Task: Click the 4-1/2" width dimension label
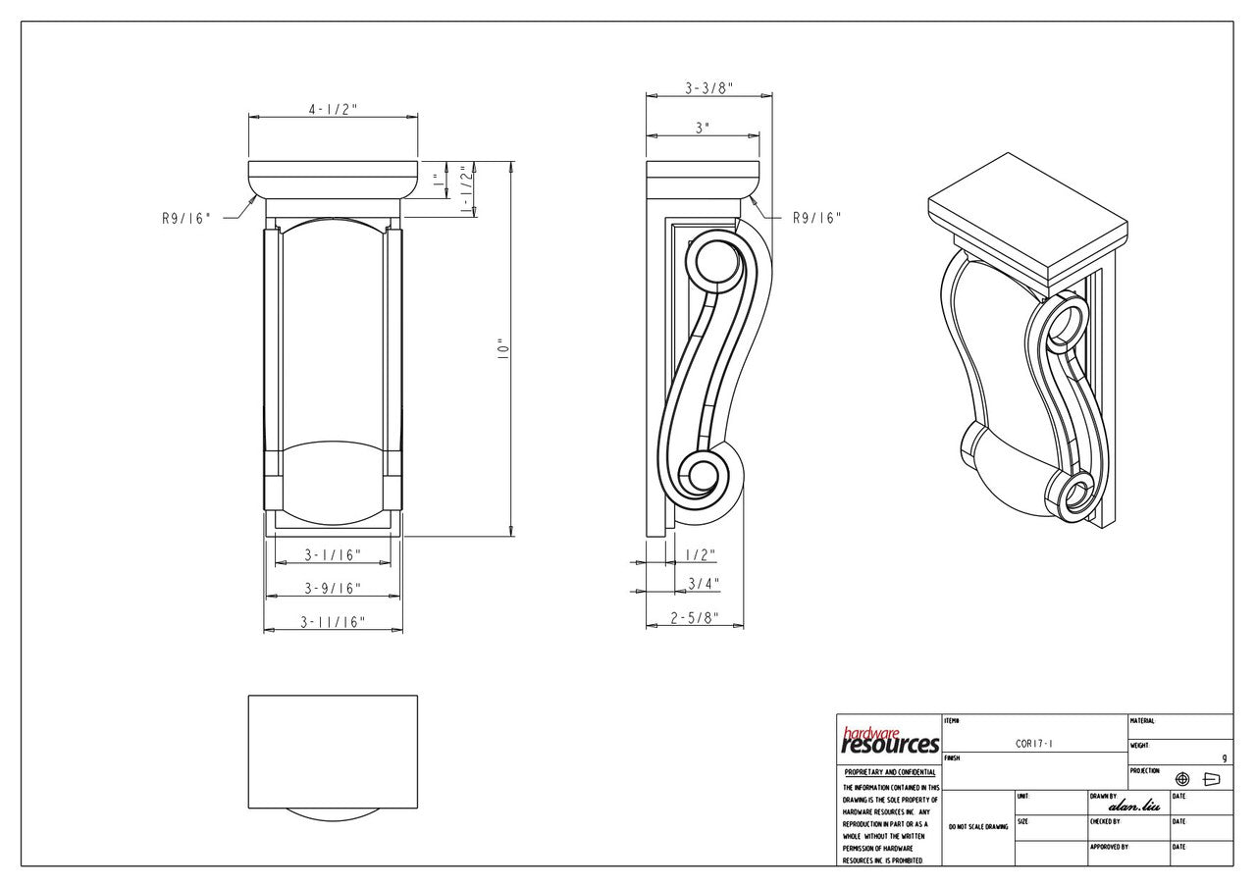(x=333, y=109)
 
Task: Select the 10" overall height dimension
(x=501, y=347)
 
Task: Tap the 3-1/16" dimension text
(x=332, y=555)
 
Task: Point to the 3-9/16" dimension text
(x=332, y=589)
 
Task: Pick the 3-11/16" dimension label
(x=333, y=622)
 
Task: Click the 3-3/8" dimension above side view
(x=708, y=88)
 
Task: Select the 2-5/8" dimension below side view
(x=694, y=618)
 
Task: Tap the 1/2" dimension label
(x=701, y=554)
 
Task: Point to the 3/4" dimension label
(x=704, y=584)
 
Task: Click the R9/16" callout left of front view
(x=186, y=219)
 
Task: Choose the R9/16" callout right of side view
(x=816, y=219)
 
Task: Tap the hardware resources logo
(x=889, y=741)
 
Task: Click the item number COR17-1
(x=1034, y=744)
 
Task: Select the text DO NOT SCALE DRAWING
(x=977, y=827)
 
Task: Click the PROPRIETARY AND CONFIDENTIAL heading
(x=889, y=772)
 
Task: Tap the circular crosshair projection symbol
(x=1182, y=779)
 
